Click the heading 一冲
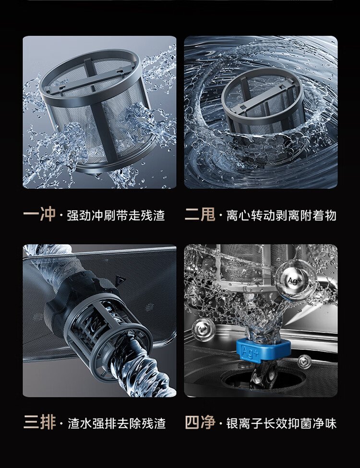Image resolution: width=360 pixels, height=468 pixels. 39,214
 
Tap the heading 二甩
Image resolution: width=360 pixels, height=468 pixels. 200,214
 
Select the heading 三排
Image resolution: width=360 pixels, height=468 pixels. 39,422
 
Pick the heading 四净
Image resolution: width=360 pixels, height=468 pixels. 200,422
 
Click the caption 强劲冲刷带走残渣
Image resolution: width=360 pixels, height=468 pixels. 116,215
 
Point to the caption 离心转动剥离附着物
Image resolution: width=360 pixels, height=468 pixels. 282,215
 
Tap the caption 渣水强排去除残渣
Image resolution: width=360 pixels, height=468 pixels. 116,423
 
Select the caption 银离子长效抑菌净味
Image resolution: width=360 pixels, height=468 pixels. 282,423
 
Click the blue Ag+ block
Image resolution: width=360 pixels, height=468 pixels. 263,350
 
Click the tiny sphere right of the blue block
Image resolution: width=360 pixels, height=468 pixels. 304,362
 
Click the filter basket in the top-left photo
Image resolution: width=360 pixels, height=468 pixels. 97,111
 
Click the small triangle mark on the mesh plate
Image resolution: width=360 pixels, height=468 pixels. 121,279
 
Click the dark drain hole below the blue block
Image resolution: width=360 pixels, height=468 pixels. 263,379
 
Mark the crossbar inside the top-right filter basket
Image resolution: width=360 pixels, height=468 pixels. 263,96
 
